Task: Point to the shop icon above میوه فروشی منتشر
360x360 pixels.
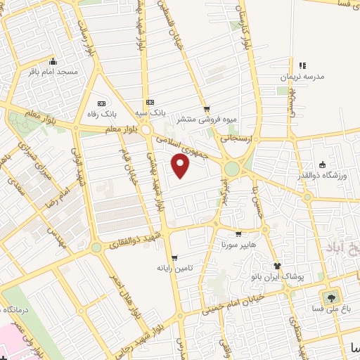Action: [206, 109]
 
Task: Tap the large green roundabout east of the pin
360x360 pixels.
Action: [231, 169]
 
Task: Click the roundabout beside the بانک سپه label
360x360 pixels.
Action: [146, 130]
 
